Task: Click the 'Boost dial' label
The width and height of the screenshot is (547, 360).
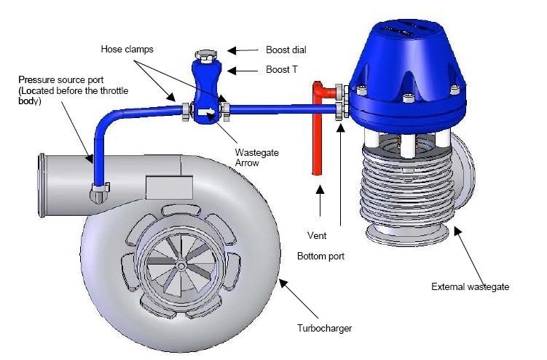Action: click(x=286, y=50)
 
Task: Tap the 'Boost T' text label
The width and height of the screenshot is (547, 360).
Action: click(x=282, y=70)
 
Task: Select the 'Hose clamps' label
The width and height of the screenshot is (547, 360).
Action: click(x=127, y=50)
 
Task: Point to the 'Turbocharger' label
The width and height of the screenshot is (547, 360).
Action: click(x=324, y=328)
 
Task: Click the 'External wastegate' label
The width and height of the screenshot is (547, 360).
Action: click(x=471, y=286)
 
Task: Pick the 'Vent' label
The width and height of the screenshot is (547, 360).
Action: click(x=317, y=235)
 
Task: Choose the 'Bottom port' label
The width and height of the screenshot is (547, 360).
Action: click(x=320, y=257)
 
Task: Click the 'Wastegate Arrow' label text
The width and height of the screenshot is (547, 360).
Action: click(x=257, y=158)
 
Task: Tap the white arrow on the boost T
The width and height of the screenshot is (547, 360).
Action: click(x=207, y=111)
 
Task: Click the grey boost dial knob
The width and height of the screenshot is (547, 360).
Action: click(x=206, y=55)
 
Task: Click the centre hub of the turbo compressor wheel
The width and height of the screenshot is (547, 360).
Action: click(x=181, y=266)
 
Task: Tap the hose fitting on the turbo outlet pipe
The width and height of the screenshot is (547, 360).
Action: click(x=100, y=192)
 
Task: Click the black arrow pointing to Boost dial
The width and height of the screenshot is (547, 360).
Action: click(x=243, y=50)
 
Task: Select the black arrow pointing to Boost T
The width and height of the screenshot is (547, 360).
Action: click(x=243, y=71)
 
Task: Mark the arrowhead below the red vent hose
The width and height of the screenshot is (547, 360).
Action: click(x=320, y=189)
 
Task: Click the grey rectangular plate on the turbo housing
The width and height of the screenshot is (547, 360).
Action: click(x=169, y=187)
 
